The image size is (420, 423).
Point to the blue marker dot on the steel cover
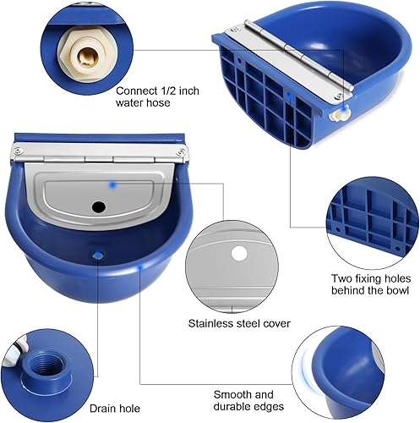coord(112,183)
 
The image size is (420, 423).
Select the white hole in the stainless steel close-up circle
coord(239,253)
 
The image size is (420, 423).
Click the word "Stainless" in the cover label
coord(210,322)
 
